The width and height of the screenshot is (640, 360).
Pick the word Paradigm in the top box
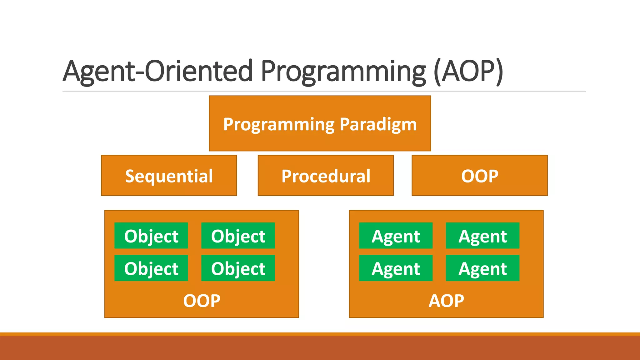point(378,124)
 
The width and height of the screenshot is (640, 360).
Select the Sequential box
point(169,176)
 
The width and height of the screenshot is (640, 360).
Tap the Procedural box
point(326,176)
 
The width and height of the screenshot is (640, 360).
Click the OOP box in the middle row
point(479,176)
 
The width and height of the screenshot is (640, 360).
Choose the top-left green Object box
point(151,236)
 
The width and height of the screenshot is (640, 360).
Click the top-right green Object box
point(238,236)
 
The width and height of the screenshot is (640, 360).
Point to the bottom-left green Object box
point(151,268)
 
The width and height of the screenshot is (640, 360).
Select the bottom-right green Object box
point(238,268)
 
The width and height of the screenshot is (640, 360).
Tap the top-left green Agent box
point(396,236)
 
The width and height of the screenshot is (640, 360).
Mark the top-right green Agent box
point(482,236)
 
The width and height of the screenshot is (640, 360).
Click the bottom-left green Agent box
point(396,268)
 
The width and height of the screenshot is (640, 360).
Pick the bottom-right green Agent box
point(482,268)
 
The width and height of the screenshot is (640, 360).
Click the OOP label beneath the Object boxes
point(202,301)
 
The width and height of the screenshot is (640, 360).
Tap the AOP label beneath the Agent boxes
point(446,301)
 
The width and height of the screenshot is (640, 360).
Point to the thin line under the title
point(324,91)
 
